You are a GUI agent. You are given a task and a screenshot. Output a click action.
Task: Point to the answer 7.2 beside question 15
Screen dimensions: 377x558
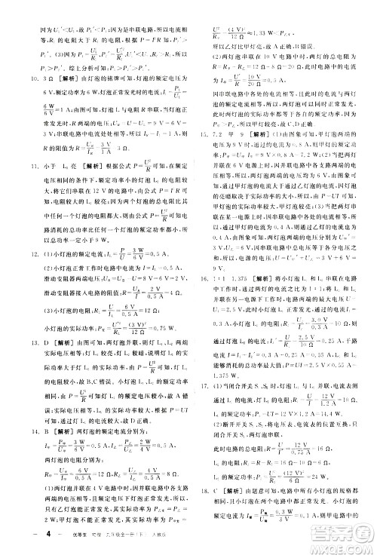coord(216,133)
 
